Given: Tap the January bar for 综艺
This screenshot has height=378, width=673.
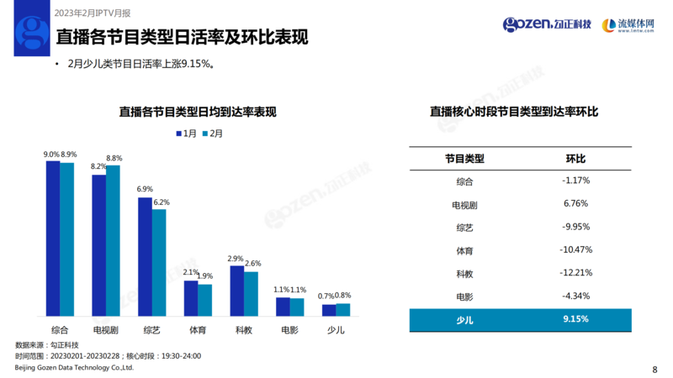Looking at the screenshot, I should tap(145, 256).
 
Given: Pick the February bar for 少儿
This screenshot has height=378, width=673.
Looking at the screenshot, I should tap(342, 309).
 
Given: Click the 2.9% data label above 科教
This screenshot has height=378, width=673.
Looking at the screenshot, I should tap(236, 259).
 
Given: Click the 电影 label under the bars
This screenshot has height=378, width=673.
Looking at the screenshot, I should tap(289, 330).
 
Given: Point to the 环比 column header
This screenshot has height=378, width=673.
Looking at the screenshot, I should tap(575, 158).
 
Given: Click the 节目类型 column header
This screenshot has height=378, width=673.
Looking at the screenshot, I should tap(464, 158).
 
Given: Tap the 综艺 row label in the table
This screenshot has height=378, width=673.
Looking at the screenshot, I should tap(464, 227).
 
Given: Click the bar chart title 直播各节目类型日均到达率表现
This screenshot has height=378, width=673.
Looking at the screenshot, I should tap(198, 112).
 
